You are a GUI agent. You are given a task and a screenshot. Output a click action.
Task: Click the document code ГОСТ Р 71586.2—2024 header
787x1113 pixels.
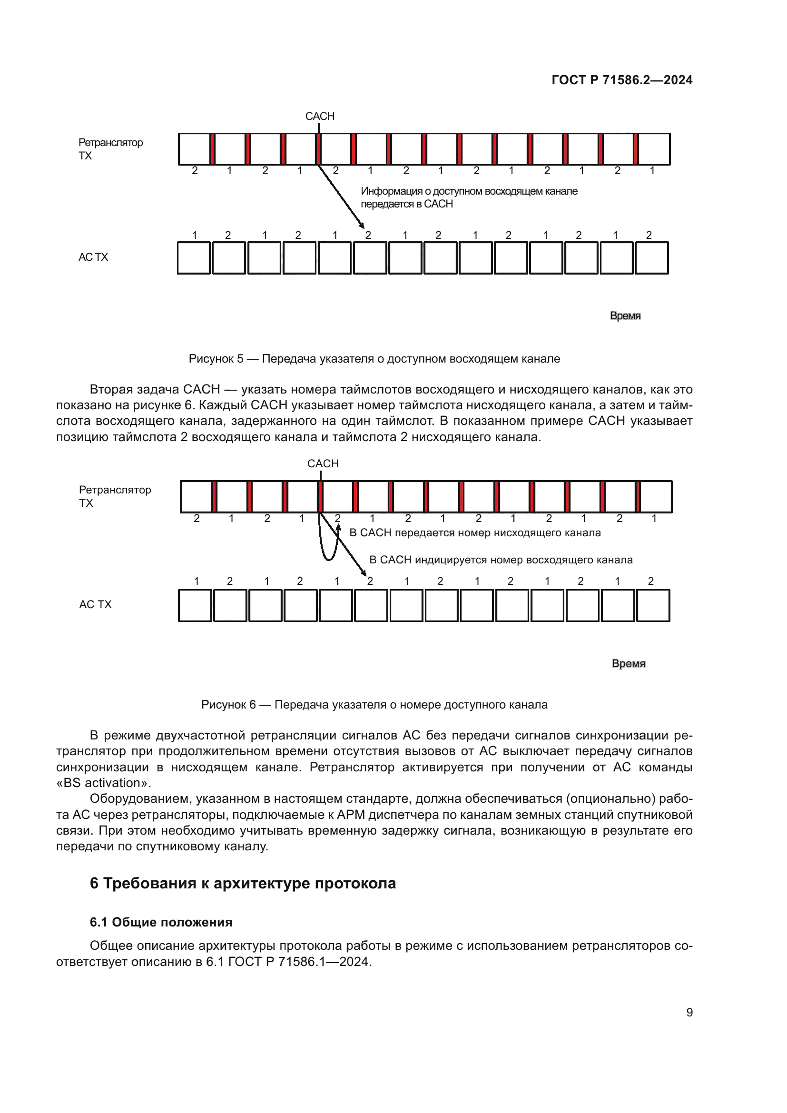pos(622,80)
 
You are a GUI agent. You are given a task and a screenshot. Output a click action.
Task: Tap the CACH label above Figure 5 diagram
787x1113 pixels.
pos(319,116)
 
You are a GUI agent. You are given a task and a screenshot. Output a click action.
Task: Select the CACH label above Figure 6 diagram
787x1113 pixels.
pos(323,463)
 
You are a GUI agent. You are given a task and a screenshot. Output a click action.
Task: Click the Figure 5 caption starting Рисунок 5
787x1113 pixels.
pos(374,359)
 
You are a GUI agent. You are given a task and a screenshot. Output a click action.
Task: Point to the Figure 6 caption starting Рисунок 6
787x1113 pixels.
pos(374,704)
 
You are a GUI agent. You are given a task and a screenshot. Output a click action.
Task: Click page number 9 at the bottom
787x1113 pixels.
pos(689,1012)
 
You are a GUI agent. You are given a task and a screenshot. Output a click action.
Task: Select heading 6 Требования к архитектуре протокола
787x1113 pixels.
pos(243,883)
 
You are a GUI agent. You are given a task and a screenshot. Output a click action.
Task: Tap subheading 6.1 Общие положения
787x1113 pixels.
pos(161,922)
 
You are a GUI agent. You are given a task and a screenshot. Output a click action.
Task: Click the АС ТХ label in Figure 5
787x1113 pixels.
pos(93,257)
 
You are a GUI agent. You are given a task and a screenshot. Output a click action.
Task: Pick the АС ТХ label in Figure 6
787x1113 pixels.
pos(95,604)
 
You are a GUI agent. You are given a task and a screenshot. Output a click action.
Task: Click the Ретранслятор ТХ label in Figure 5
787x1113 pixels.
pos(110,149)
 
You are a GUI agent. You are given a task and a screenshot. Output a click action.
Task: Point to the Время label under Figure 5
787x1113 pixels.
pos(625,315)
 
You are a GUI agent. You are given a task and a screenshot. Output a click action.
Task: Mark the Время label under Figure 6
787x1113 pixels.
pos(628,663)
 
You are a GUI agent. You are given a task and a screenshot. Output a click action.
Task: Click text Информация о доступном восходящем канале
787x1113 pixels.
pos(469,191)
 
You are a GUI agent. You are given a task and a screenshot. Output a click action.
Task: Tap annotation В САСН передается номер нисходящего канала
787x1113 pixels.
pos(475,533)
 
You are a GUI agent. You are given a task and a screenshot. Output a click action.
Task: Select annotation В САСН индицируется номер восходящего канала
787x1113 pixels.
pos(501,560)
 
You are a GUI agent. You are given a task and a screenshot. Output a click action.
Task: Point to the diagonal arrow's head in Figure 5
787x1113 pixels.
pos(362,226)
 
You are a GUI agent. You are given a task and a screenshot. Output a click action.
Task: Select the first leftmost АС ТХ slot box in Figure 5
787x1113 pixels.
pos(194,258)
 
